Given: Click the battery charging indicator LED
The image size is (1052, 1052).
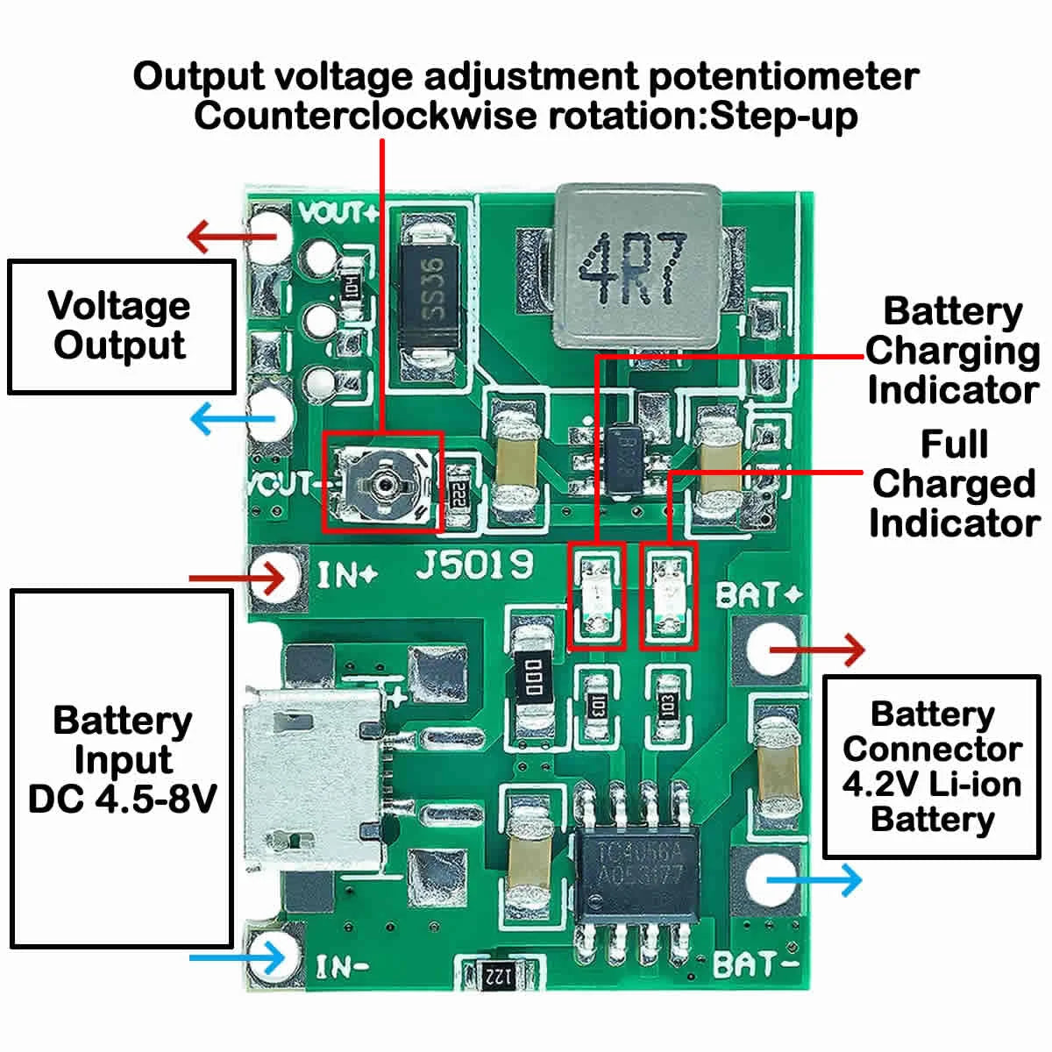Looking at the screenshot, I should coord(597,596).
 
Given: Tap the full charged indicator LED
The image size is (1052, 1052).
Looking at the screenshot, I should coord(669,596).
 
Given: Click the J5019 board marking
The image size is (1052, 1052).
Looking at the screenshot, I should coord(474,565).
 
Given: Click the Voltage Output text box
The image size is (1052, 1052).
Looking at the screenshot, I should coord(121,326).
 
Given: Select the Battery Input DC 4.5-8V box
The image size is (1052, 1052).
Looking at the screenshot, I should coord(121,768).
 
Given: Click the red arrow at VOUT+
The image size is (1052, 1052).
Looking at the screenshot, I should coord(219,235).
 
